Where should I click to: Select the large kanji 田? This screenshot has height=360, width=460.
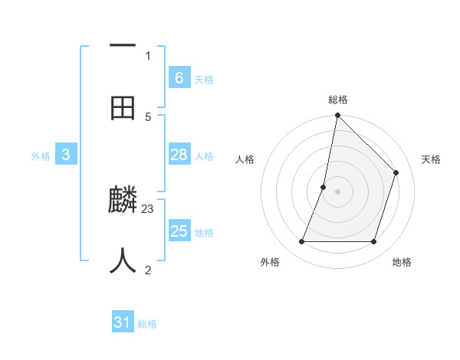point(123,108)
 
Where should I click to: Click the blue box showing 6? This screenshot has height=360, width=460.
point(179,78)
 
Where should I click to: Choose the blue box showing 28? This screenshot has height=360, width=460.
point(179,155)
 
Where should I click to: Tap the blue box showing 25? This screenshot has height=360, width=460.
point(179,231)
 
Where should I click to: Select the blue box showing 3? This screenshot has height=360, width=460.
point(65,155)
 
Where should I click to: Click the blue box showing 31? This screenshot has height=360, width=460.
point(123,322)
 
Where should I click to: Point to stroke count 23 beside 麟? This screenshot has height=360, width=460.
point(148,208)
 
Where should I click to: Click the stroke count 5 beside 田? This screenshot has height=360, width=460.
point(148,116)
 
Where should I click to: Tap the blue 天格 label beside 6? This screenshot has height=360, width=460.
point(204,79)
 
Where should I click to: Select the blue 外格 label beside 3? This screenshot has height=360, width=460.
point(41,155)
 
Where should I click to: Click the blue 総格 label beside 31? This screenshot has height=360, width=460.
point(147,324)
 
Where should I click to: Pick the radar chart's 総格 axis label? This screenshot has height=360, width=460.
point(337,100)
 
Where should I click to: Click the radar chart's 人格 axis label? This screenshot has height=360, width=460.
point(245,159)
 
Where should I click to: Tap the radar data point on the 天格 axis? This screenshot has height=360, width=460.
point(396,172)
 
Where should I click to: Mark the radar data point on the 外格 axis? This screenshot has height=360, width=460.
point(301,242)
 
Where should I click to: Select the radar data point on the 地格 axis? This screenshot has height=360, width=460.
point(374,242)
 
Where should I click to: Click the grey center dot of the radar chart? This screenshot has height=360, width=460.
point(337,191)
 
